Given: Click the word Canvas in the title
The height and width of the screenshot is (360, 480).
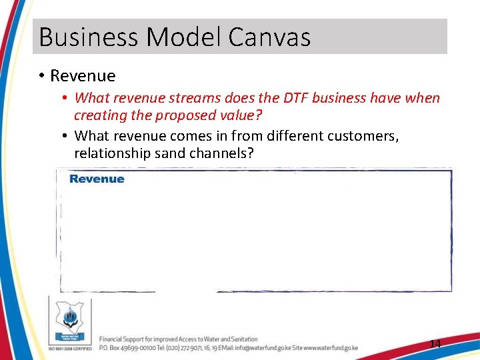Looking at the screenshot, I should [269, 37].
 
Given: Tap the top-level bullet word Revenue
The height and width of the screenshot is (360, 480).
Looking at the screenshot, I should [83, 76].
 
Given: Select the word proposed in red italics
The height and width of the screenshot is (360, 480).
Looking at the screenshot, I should [186, 115].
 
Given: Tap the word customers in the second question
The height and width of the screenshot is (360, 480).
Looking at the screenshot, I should [363, 136].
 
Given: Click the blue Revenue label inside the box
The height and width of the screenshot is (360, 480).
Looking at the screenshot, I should [97, 179].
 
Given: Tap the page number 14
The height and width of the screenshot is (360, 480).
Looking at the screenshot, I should [435, 344].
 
